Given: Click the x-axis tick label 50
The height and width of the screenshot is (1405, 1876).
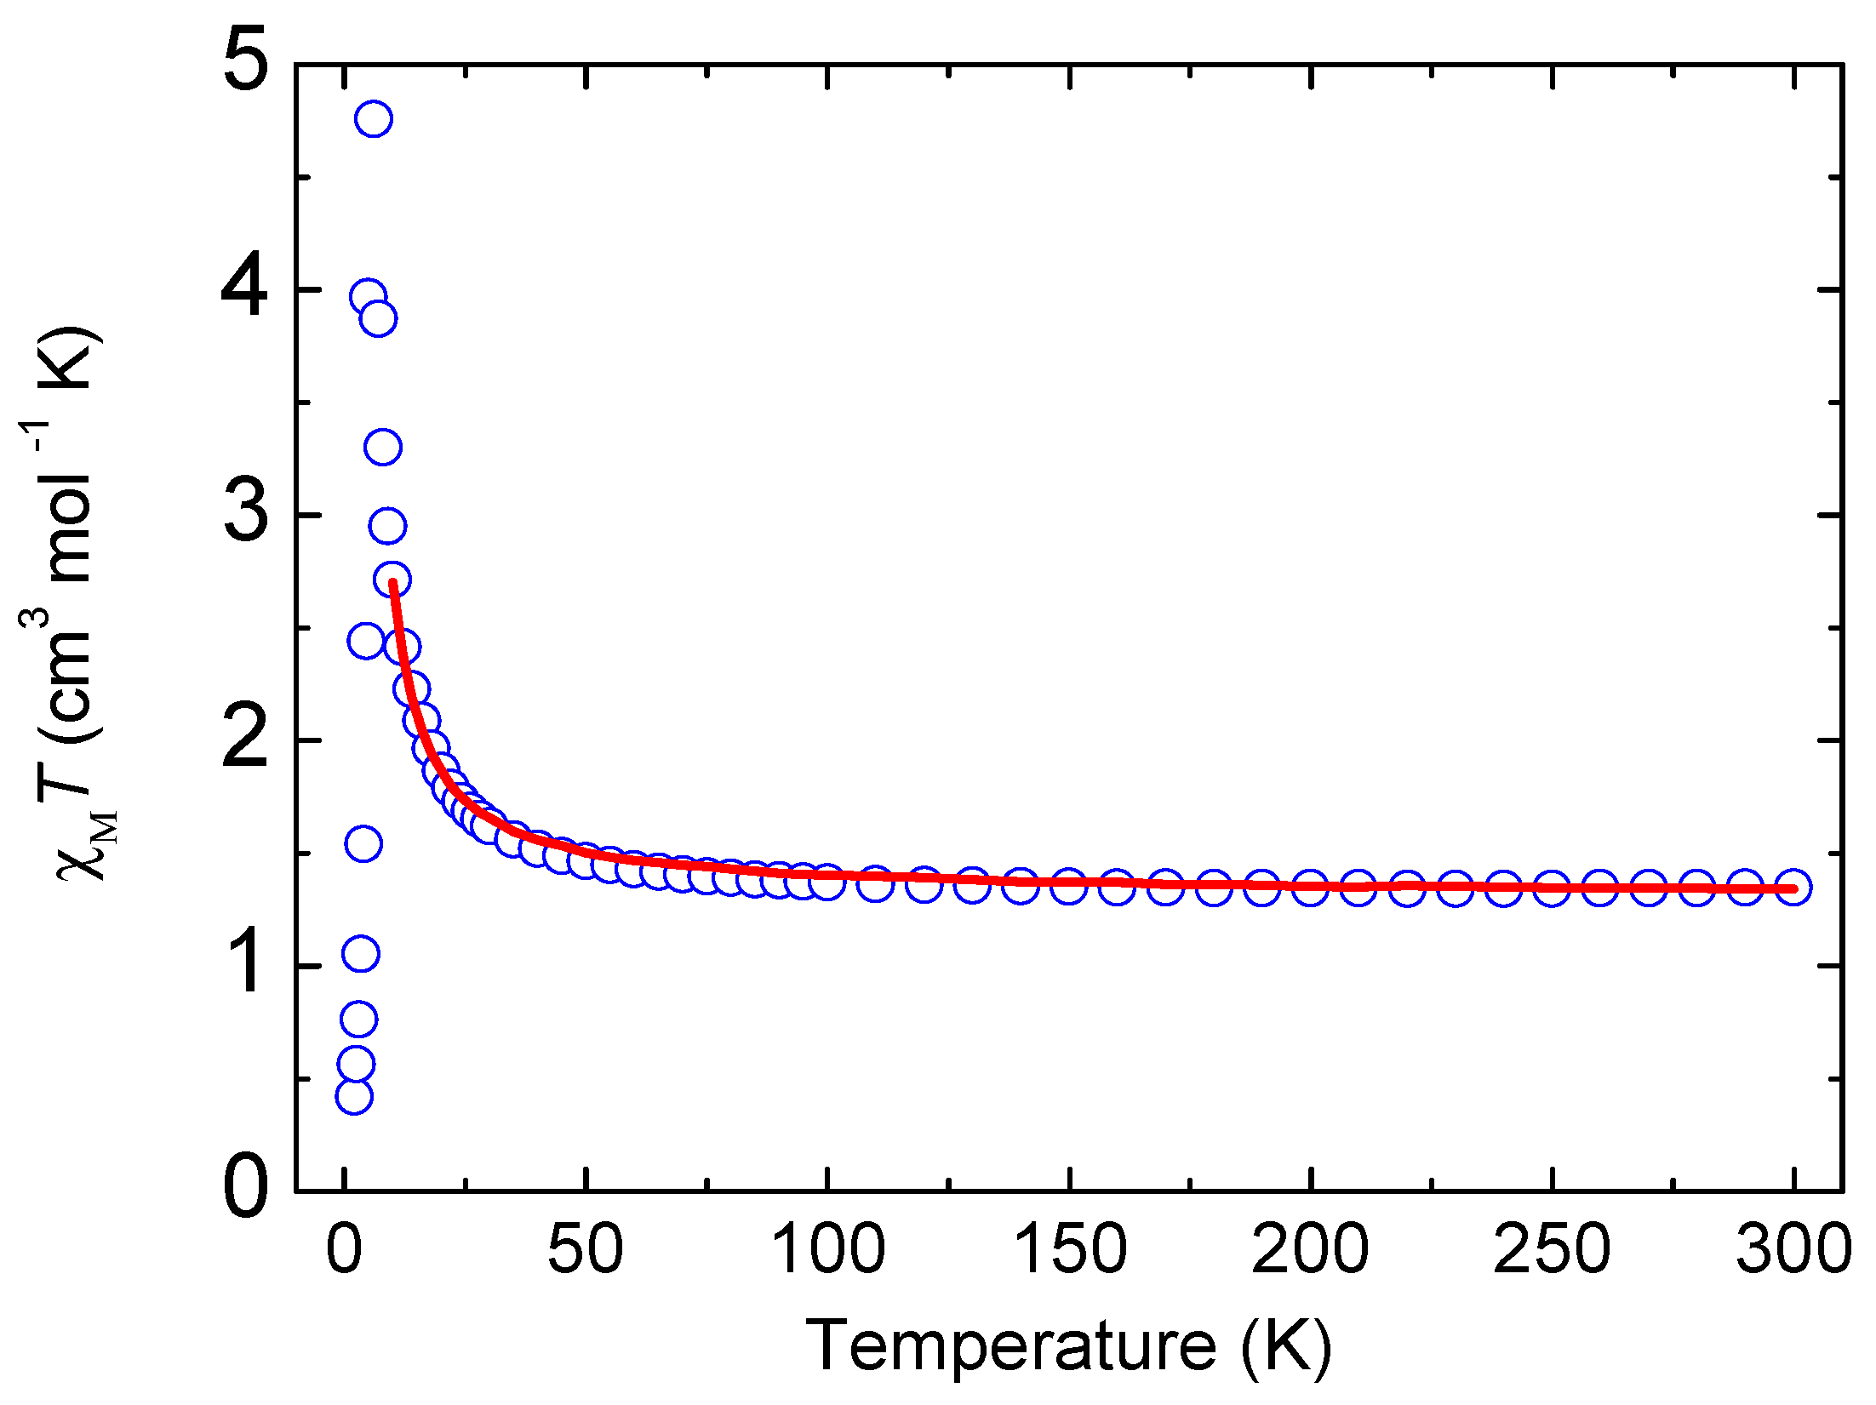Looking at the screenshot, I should pyautogui.click(x=585, y=1250).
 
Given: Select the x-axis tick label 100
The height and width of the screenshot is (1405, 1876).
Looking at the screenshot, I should pyautogui.click(x=826, y=1250).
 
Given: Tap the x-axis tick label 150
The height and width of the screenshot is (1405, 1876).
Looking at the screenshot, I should pyautogui.click(x=1069, y=1250).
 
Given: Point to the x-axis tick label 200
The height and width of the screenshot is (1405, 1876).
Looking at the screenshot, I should pyautogui.click(x=1310, y=1250).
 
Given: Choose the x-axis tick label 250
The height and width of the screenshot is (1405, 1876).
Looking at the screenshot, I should pyautogui.click(x=1552, y=1250).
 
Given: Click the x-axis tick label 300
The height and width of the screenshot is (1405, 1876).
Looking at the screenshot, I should pyautogui.click(x=1793, y=1250).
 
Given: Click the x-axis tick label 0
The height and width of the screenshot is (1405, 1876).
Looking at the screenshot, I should pyautogui.click(x=344, y=1250).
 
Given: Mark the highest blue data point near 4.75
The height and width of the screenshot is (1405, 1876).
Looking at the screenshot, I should pyautogui.click(x=374, y=118).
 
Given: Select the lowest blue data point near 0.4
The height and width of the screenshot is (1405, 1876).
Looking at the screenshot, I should pyautogui.click(x=353, y=1096).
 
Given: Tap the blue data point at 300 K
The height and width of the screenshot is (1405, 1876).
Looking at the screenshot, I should pyautogui.click(x=1793, y=887).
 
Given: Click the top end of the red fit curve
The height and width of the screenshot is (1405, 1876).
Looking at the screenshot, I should pyautogui.click(x=392, y=583).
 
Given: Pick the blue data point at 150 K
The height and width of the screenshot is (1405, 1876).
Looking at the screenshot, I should pyautogui.click(x=1068, y=886).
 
